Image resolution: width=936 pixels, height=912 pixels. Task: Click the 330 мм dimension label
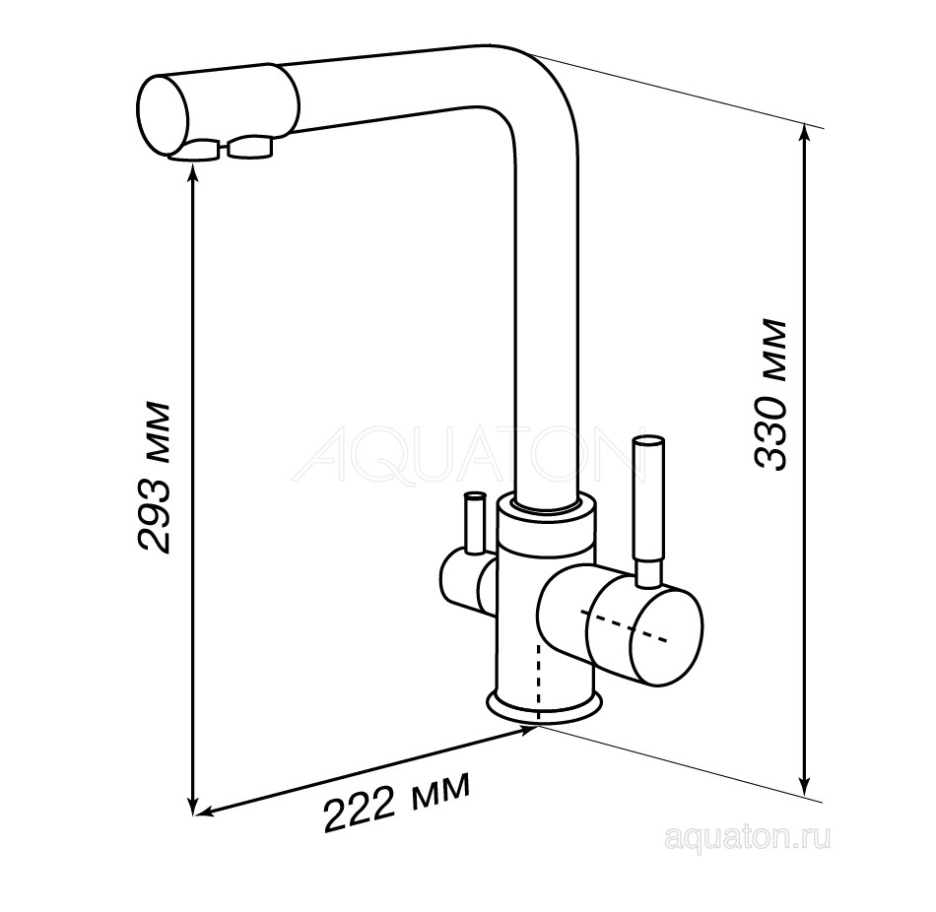point(770,395)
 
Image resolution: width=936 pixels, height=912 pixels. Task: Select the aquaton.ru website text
point(747,839)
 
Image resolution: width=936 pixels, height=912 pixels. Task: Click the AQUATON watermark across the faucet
point(469,454)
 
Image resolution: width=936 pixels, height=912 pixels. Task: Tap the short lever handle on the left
point(475,522)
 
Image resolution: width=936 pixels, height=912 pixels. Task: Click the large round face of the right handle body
point(645,634)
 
